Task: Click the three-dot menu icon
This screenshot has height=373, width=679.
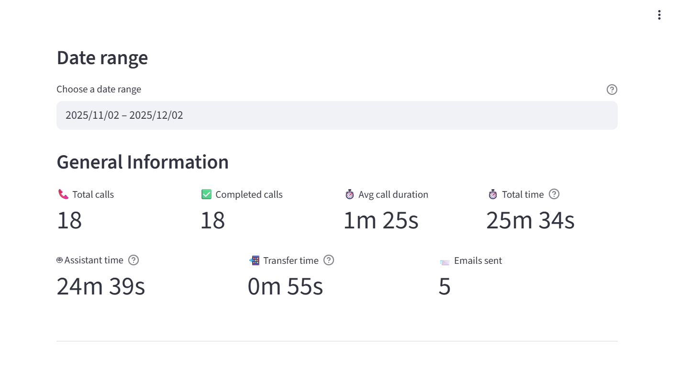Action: pos(659,15)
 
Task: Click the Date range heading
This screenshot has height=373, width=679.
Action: pos(102,58)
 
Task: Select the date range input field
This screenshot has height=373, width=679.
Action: pos(337,115)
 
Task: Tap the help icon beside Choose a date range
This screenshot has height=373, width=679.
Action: pos(612,90)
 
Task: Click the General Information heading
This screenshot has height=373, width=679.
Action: pos(143,162)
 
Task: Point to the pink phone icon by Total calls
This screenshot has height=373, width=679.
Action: pos(63,194)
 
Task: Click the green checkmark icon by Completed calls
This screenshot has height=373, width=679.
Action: pos(206,194)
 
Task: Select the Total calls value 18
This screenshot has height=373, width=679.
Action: pos(69,221)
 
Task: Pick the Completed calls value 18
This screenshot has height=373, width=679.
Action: pos(212,221)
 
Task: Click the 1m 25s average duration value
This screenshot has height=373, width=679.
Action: pos(381,221)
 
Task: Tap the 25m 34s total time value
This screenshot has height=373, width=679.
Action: pos(530,221)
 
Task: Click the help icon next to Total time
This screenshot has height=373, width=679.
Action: pos(554,194)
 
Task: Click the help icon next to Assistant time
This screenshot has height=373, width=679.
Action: pos(134,260)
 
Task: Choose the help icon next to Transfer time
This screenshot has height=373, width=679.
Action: pos(328,260)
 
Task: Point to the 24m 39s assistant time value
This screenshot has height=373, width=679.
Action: pos(100,287)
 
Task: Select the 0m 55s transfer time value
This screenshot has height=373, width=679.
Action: pos(285,287)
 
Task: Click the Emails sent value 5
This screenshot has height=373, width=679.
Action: pos(445,287)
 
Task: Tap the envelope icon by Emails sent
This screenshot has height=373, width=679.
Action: pos(445,261)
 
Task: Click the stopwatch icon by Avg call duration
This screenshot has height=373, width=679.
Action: pos(350,194)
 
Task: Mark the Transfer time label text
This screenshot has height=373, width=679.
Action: pos(290,260)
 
